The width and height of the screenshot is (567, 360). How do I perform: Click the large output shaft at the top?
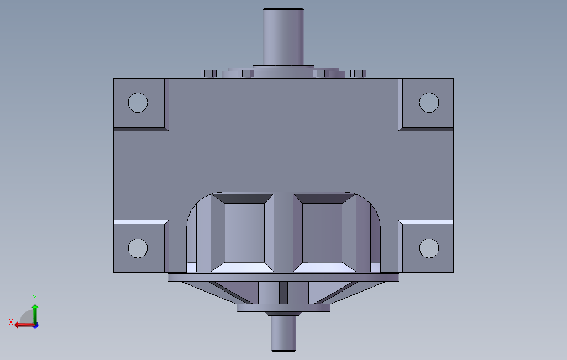[283, 36]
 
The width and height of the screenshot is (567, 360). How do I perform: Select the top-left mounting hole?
[138, 102]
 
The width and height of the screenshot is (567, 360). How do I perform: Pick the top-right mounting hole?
[429, 102]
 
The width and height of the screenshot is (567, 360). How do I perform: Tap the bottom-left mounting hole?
[138, 248]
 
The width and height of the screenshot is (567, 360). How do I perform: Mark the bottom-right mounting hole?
[429, 248]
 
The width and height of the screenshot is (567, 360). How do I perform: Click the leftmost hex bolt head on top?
[208, 73]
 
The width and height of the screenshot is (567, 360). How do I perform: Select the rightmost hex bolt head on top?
[359, 73]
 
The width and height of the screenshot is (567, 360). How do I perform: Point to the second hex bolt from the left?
[245, 73]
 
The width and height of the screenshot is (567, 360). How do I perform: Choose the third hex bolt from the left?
[321, 73]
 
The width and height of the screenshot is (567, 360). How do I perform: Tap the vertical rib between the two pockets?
[283, 232]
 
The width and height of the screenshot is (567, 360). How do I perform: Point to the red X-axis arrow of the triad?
[22, 325]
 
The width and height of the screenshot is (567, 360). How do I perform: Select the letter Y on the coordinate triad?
[35, 297]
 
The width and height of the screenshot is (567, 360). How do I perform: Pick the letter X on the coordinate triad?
[11, 322]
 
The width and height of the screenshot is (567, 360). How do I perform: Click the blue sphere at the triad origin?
[35, 325]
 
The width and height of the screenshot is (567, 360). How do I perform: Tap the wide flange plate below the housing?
[283, 277]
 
